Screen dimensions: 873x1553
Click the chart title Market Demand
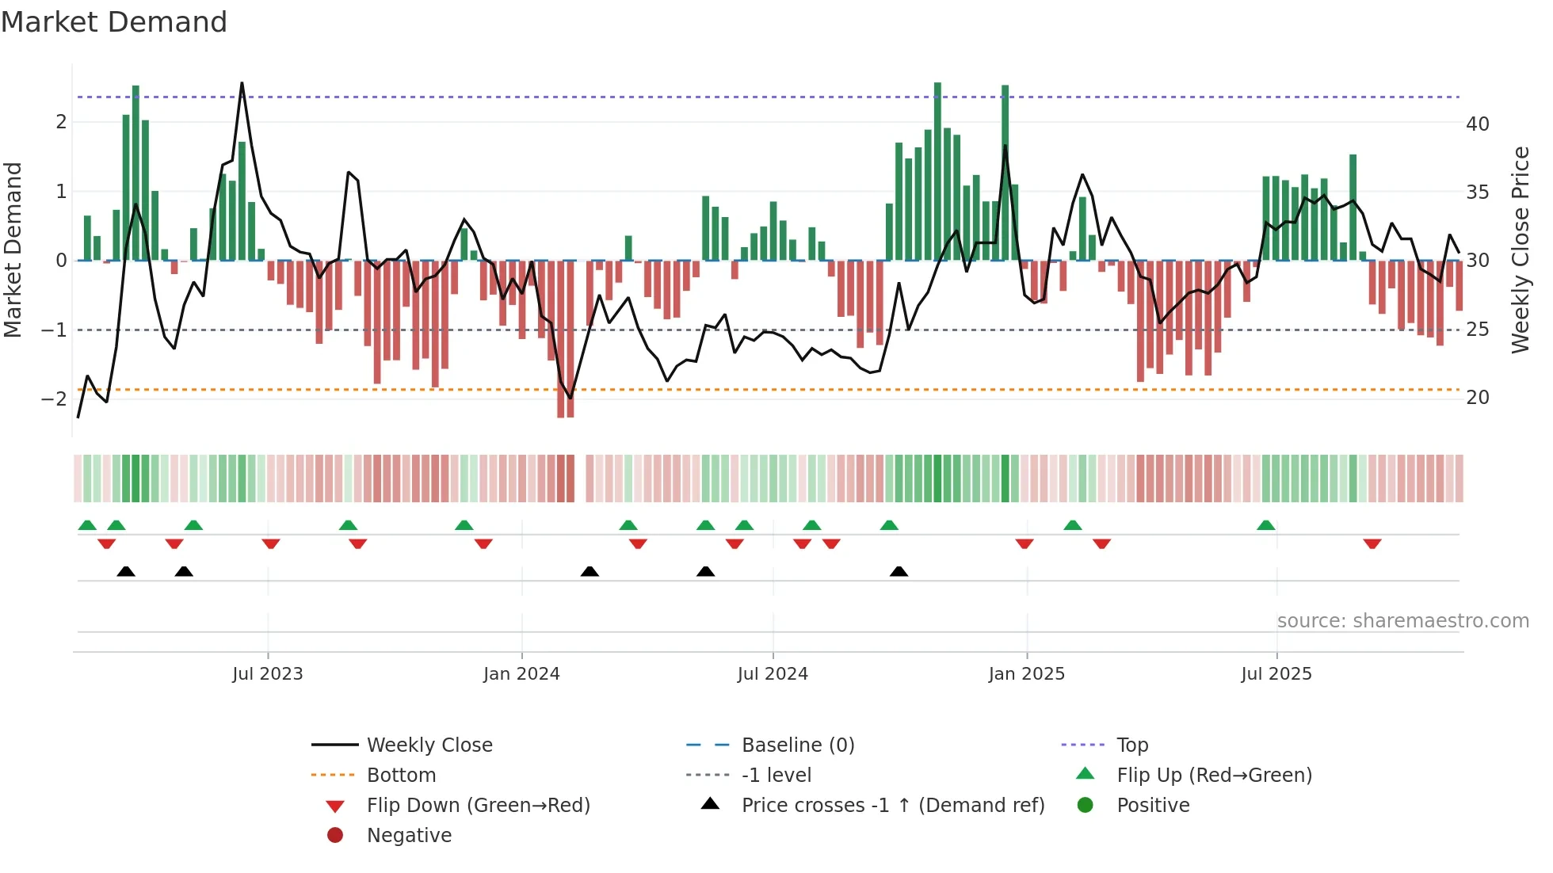tap(114, 22)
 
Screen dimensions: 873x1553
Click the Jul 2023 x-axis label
tap(267, 674)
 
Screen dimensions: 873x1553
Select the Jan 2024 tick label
tap(521, 674)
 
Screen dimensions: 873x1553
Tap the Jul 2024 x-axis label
tap(773, 674)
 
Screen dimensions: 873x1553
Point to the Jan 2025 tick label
tap(1026, 674)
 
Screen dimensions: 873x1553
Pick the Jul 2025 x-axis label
tap(1276, 674)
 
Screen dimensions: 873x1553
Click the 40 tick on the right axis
tap(1477, 124)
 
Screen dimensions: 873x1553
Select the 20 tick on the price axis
tap(1477, 398)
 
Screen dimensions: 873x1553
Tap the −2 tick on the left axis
tap(54, 398)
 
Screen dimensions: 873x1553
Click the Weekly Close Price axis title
tap(1520, 250)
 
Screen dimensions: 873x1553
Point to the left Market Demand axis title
tap(13, 250)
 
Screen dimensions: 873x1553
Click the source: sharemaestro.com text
tap(1402, 621)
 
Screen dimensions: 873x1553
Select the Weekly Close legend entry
tap(429, 745)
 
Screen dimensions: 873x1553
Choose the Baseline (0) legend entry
tap(797, 745)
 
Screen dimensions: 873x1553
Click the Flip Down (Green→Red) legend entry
tap(478, 806)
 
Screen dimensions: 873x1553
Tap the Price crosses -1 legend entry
tap(892, 806)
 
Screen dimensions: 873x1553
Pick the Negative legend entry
tap(409, 836)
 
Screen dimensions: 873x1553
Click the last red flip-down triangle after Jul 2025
tap(1372, 543)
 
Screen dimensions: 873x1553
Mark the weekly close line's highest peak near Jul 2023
tap(242, 83)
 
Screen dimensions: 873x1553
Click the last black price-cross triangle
tap(899, 571)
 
